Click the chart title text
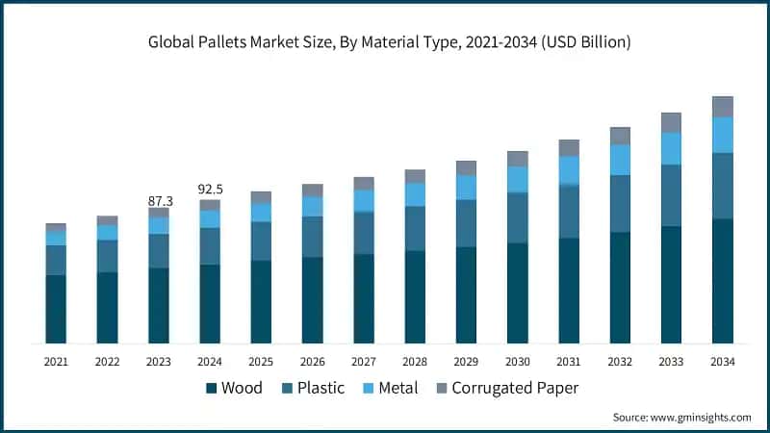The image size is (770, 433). (x=390, y=42)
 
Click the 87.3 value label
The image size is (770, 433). (x=161, y=201)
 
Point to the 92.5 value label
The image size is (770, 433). (x=210, y=189)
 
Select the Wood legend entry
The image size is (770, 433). (x=234, y=388)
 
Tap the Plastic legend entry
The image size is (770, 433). (x=314, y=388)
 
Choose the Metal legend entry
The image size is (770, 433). (x=391, y=388)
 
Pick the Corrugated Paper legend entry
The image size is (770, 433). (x=508, y=388)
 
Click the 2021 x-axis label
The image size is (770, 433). (x=56, y=362)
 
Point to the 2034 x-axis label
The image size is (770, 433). (x=723, y=362)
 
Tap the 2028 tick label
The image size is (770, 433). (x=415, y=362)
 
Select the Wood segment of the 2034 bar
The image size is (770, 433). (x=723, y=281)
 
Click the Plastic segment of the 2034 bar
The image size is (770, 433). (x=723, y=186)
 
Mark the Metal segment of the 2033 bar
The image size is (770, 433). (x=671, y=148)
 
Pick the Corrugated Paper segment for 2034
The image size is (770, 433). (x=723, y=107)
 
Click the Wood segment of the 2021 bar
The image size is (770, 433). (x=56, y=309)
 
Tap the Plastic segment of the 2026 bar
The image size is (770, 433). (x=312, y=237)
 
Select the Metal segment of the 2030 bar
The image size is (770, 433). (x=518, y=179)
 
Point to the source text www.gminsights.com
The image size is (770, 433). (x=701, y=418)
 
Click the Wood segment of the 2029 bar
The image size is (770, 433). (x=466, y=295)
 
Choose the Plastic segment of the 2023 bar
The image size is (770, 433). (x=159, y=251)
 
